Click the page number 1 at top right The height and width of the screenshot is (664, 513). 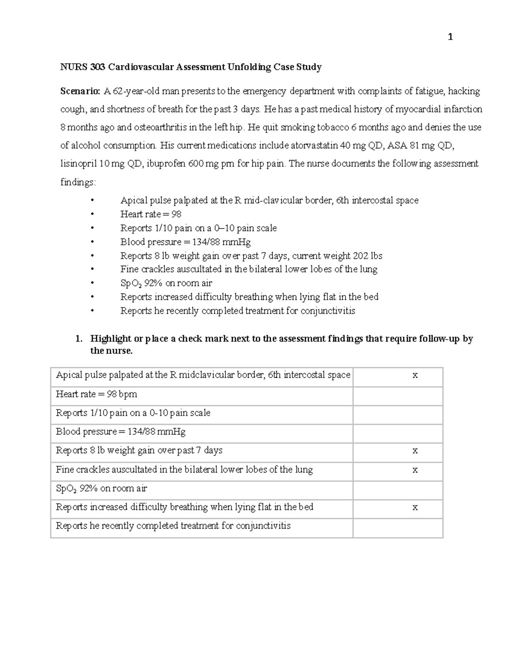[450, 38]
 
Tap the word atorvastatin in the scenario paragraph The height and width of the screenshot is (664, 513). [314, 145]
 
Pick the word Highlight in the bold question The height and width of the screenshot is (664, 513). [110, 339]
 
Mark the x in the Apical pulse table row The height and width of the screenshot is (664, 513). [415, 376]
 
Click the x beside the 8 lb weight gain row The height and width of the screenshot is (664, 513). [415, 451]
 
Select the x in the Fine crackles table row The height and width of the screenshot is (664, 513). [415, 470]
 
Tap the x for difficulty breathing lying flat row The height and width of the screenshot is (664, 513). [415, 508]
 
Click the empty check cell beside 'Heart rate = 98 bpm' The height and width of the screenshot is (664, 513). [398, 395]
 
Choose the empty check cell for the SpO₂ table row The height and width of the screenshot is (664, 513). [398, 489]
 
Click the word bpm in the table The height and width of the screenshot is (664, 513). [128, 394]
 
